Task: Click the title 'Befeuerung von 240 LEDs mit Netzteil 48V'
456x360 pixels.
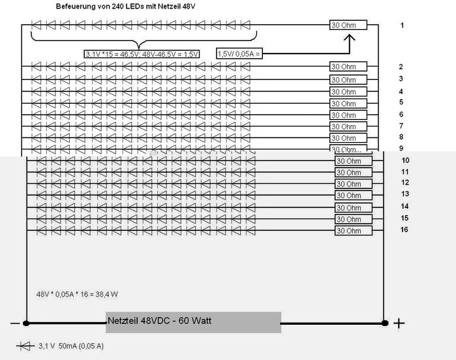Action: (123, 7)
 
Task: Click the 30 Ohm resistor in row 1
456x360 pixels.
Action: (348, 25)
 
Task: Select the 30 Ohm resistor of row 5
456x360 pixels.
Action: (348, 103)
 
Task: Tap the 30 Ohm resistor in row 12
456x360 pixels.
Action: (353, 184)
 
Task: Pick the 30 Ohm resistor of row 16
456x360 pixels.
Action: (353, 231)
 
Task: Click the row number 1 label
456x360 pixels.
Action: (403, 25)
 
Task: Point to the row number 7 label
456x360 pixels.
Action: (401, 125)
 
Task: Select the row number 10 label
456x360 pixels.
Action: (404, 160)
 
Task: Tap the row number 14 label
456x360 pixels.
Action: (404, 206)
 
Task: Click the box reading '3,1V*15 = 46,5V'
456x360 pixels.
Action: (142, 54)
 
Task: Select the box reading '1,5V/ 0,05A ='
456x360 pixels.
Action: (239, 54)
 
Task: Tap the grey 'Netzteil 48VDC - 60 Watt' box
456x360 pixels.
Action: (194, 322)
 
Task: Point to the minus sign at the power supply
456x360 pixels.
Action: (14, 323)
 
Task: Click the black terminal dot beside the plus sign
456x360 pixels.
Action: (385, 322)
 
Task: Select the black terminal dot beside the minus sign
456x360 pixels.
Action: (26, 322)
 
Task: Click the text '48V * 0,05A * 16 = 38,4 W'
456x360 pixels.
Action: (77, 293)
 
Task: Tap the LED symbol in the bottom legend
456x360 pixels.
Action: (26, 346)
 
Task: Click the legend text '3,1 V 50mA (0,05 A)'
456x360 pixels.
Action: (72, 346)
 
